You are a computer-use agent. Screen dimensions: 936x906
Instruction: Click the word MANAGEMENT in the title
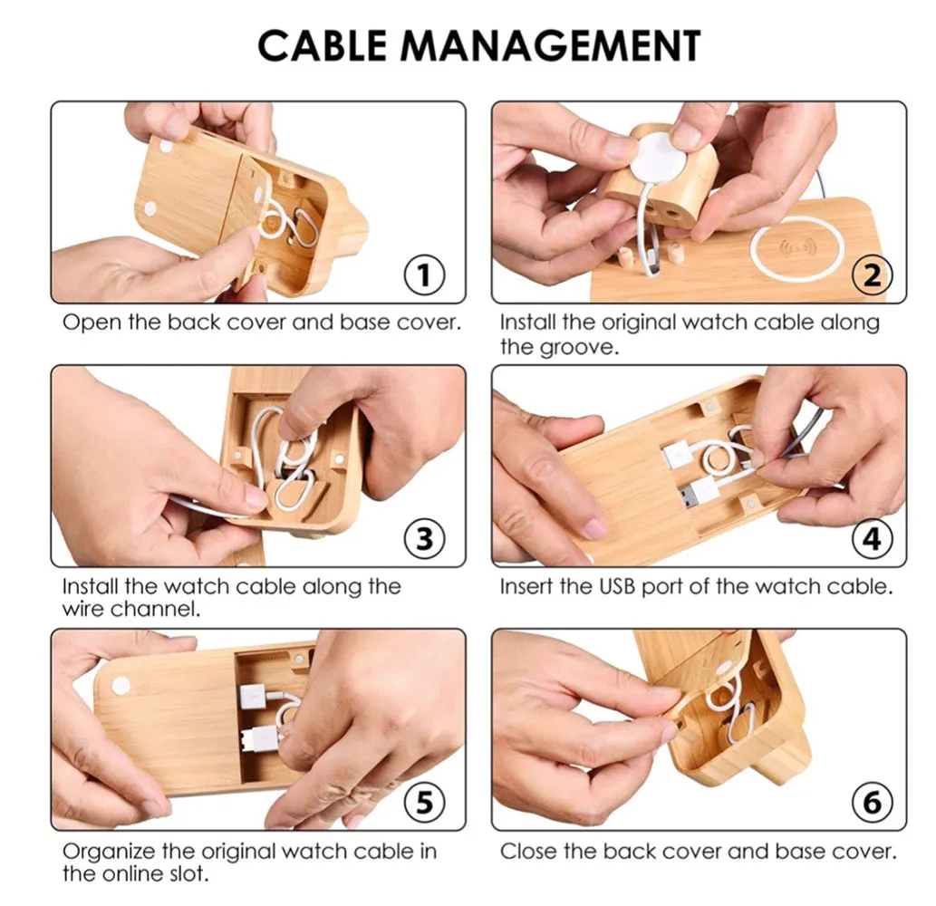click(551, 45)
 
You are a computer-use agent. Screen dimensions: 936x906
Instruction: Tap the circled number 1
click(424, 275)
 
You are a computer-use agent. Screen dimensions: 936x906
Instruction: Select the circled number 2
click(873, 275)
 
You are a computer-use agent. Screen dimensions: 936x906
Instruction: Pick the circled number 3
click(424, 539)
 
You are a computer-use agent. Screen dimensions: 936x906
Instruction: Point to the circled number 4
click(873, 539)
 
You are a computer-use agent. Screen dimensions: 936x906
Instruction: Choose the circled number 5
click(424, 803)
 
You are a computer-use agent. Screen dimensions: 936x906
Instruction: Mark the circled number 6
click(873, 803)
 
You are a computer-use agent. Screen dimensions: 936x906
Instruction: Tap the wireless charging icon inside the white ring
click(796, 246)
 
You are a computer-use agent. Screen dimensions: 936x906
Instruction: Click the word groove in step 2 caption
click(577, 347)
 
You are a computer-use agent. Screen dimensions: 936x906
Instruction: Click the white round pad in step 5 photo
click(121, 687)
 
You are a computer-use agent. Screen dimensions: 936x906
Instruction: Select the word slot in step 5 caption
click(186, 873)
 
